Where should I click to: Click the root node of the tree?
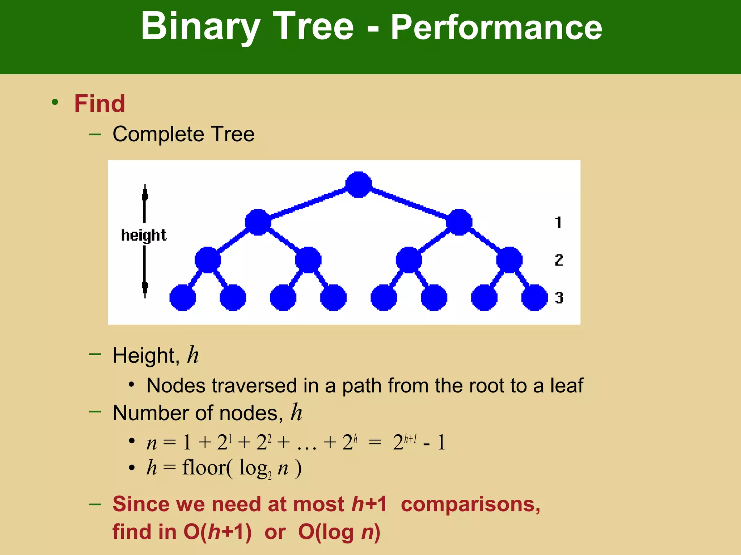(358, 185)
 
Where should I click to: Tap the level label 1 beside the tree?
(558, 222)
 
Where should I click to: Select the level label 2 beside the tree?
(559, 260)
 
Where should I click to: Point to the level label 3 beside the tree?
(559, 298)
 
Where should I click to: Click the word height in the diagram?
(144, 235)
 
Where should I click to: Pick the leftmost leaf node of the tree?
(183, 297)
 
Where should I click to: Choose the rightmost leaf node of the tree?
(534, 297)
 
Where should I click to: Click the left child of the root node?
(258, 222)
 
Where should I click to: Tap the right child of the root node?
(459, 222)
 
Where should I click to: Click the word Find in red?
(99, 104)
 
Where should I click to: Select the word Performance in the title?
(496, 27)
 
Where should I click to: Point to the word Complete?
(158, 134)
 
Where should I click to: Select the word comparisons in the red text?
(470, 504)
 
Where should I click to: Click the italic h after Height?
(193, 355)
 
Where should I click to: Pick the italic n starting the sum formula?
(152, 443)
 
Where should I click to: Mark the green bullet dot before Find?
(55, 102)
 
